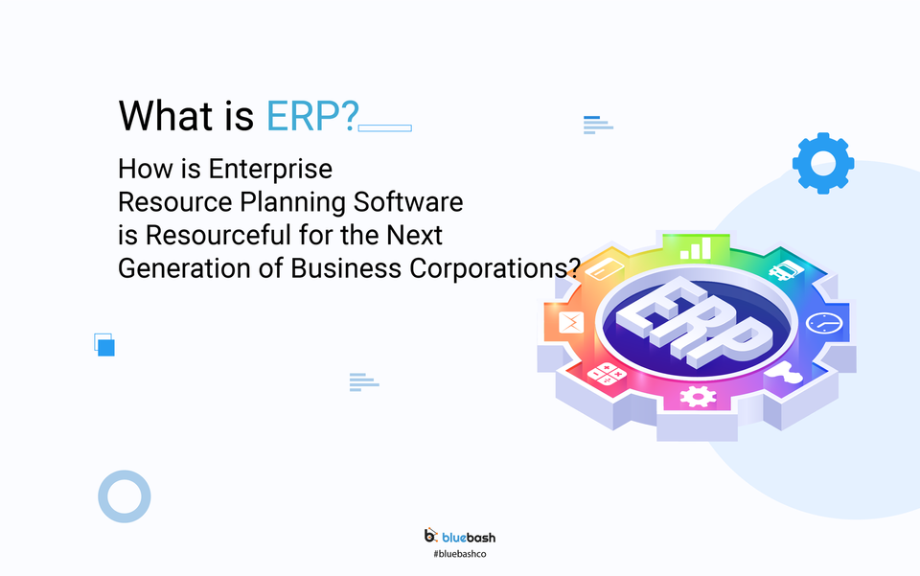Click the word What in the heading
159,116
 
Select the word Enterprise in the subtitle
270,170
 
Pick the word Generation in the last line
172,268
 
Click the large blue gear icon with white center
823,164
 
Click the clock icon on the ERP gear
822,323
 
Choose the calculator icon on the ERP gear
606,375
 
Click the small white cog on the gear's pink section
698,395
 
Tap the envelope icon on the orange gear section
570,321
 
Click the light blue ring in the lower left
125,496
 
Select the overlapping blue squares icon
104,344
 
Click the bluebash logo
460,537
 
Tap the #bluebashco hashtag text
460,555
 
